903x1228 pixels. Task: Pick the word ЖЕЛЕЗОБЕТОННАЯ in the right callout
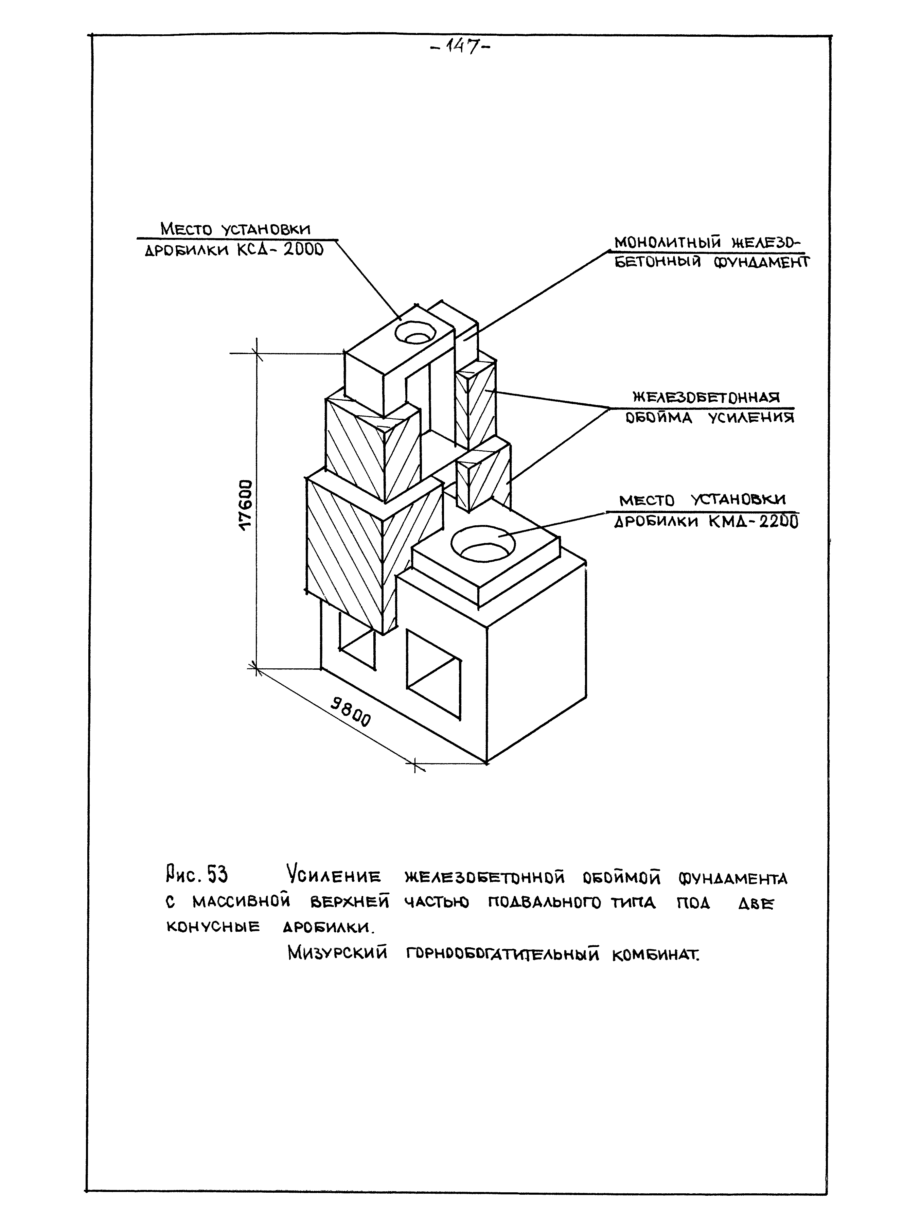[x=706, y=397]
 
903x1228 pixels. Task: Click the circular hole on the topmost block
[x=415, y=332]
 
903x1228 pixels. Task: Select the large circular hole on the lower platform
[x=483, y=542]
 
